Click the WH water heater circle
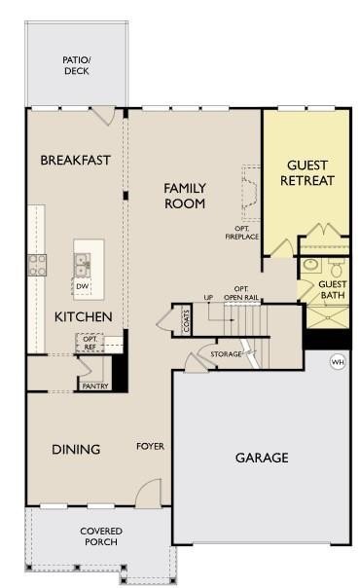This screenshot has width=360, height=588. click(x=338, y=362)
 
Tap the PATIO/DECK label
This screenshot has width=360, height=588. click(x=77, y=65)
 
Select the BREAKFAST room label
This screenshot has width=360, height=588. click(x=75, y=160)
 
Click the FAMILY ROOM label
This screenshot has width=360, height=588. click(x=185, y=196)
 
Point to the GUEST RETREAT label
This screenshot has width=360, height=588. click(x=307, y=173)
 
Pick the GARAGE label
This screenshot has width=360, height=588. click(x=262, y=458)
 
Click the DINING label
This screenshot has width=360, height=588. click(x=76, y=449)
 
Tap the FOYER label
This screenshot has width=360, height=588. click(x=150, y=446)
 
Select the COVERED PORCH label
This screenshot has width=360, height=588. click(x=101, y=536)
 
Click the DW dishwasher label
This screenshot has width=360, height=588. click(x=83, y=286)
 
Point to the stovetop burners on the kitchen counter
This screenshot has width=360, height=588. click(x=37, y=265)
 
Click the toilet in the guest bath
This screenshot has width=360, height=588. click(x=336, y=267)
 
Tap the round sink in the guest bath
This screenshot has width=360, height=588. click(x=311, y=265)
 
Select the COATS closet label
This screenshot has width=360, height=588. click(x=186, y=320)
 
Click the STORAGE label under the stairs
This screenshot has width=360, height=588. click(x=226, y=354)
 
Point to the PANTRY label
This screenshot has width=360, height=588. click(x=95, y=386)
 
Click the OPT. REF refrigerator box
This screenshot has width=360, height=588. click(x=90, y=343)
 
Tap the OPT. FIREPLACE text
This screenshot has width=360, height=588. click(x=242, y=233)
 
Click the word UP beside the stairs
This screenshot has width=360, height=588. click(x=208, y=297)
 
